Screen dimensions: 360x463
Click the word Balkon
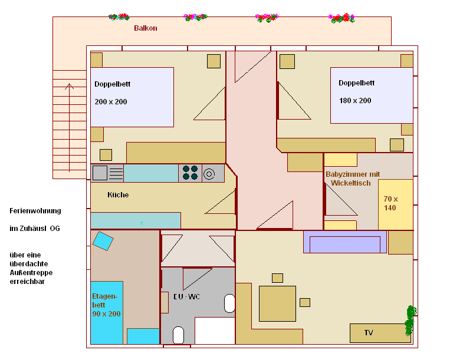pyautogui.click(x=145, y=28)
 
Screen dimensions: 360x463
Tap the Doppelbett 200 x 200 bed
pyautogui.click(x=132, y=97)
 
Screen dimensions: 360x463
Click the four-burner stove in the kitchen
pyautogui.click(x=190, y=173)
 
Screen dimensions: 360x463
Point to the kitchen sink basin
pyautogui.click(x=100, y=173)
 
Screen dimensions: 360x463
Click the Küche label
pyautogui.click(x=118, y=194)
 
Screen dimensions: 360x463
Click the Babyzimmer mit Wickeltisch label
pyautogui.click(x=353, y=179)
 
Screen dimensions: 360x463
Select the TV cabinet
pyautogui.click(x=380, y=333)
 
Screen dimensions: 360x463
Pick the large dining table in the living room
pyautogui.click(x=277, y=303)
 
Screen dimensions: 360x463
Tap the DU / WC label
pyautogui.click(x=187, y=296)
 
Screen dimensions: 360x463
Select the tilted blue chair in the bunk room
pyautogui.click(x=103, y=241)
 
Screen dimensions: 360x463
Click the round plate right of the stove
pyautogui.click(x=209, y=173)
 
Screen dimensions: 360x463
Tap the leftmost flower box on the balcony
pyautogui.click(x=119, y=17)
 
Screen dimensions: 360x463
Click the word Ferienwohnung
pyautogui.click(x=35, y=211)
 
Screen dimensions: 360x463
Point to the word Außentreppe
pyautogui.click(x=30, y=273)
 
